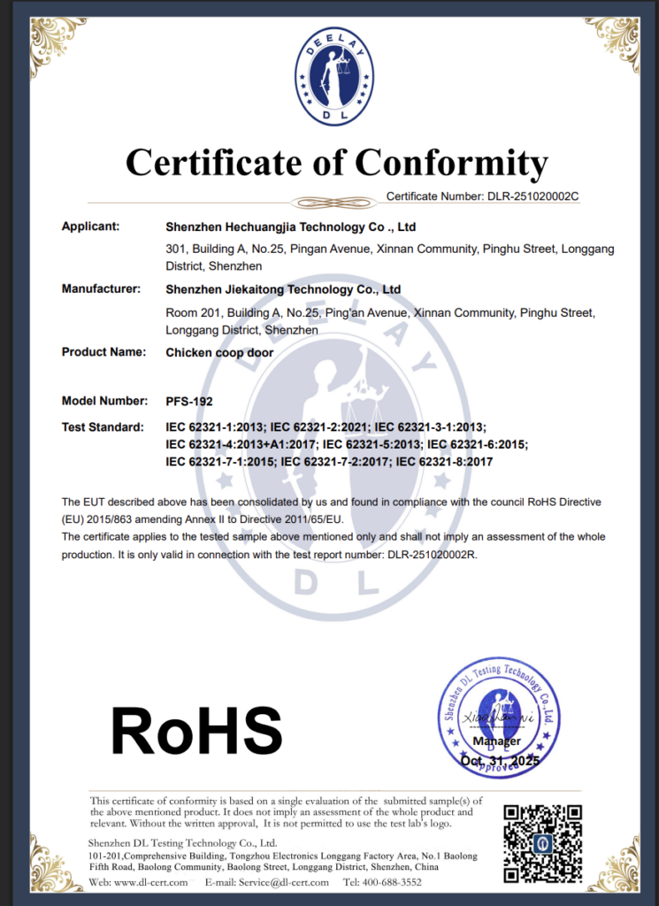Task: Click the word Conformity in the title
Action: click(451, 163)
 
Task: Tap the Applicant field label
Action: click(90, 226)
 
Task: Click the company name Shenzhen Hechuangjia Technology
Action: click(290, 227)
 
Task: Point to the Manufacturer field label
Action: click(101, 289)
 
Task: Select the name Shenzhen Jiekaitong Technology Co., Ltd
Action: click(283, 289)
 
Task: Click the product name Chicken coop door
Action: click(219, 352)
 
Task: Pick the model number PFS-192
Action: click(189, 401)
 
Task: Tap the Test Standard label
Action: click(102, 427)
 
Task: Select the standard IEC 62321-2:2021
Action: click(324, 427)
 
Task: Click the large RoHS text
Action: click(195, 731)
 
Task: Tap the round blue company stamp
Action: click(499, 717)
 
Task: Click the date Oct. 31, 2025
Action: click(499, 760)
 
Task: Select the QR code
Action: click(542, 842)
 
